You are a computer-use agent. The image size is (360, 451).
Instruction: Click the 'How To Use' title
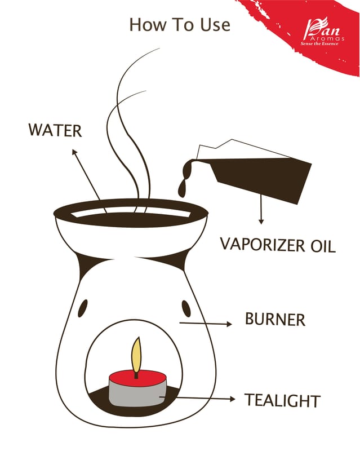pos(180,25)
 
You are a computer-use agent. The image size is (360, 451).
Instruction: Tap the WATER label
pos(55,130)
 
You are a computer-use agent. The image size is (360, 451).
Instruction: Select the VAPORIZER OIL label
pos(278,245)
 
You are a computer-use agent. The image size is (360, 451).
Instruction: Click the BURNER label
pos(275,319)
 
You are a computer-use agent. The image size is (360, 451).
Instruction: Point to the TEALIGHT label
pos(282,400)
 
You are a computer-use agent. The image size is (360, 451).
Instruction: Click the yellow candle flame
pos(136,355)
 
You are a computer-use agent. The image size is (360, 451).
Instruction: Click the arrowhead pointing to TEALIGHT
pos(232,399)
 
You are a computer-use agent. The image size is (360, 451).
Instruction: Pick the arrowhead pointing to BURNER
pos(229,324)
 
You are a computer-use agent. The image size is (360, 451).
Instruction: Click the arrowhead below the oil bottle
pos(261,222)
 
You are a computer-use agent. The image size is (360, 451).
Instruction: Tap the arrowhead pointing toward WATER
pos(74,152)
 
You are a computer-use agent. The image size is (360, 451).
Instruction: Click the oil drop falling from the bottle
pos(182,191)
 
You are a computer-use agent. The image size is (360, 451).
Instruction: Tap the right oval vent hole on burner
pos(186,308)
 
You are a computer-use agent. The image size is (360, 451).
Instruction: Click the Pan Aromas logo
pos(323,32)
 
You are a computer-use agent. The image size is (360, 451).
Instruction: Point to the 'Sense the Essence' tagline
pos(319,44)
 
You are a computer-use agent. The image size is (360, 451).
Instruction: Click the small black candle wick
pos(136,375)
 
